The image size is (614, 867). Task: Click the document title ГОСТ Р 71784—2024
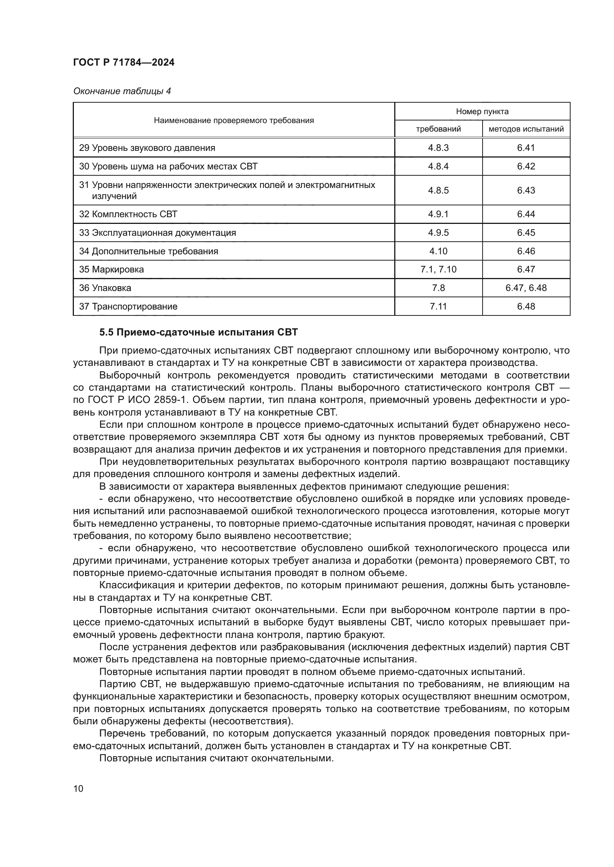124,62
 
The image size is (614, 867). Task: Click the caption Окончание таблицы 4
122,91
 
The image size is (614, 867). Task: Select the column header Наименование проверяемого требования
233,120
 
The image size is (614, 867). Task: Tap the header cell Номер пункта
482,112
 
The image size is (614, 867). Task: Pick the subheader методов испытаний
526,129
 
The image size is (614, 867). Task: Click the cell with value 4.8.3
438,148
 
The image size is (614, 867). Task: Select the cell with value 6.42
526,166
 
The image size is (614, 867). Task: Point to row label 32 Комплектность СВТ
128,214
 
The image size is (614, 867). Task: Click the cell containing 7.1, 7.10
438,269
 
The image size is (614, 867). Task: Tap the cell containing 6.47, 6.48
526,288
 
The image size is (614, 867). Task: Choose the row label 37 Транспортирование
128,306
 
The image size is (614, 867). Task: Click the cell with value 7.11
438,306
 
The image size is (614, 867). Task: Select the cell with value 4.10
438,251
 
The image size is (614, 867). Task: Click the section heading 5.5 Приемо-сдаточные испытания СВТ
199,332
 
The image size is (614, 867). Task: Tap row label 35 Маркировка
111,269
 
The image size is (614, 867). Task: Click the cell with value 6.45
526,233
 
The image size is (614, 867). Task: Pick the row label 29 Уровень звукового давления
147,148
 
